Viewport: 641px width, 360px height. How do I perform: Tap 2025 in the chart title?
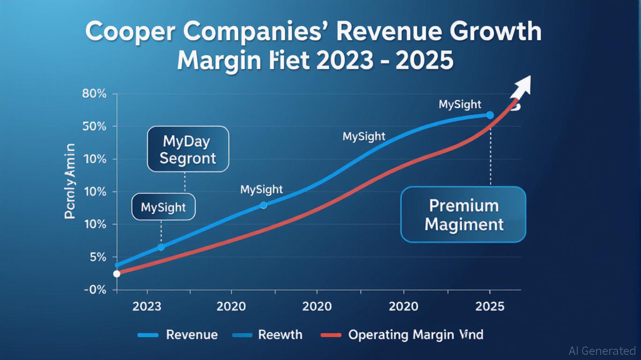[424, 61]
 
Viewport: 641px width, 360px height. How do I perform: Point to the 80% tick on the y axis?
[95, 94]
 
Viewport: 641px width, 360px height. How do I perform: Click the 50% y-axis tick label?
[95, 127]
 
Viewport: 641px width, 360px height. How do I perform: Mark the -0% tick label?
[95, 290]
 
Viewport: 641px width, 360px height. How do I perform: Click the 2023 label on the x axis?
[147, 307]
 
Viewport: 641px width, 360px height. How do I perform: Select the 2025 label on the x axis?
[490, 307]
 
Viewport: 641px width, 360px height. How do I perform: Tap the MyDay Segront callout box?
[188, 149]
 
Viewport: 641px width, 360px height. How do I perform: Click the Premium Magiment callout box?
[464, 215]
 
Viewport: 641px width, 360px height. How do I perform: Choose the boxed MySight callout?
[163, 207]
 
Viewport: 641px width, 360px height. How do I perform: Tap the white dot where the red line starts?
[117, 274]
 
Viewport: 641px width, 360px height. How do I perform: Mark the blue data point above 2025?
[490, 115]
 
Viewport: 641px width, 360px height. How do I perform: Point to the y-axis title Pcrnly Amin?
[70, 181]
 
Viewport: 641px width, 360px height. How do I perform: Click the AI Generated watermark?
[602, 351]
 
